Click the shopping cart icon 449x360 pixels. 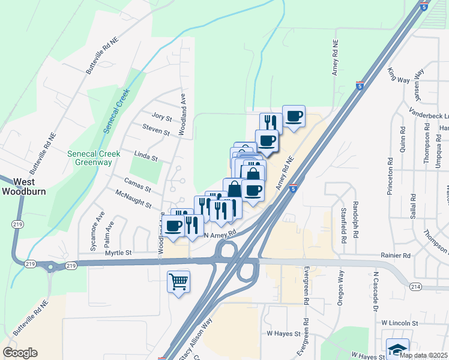point(178,281)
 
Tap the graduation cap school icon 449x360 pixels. point(397,349)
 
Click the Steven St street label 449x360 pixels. point(157,128)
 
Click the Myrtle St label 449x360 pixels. point(118,253)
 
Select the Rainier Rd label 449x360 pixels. point(394,255)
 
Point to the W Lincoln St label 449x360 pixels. point(399,323)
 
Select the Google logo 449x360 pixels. point(20,353)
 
